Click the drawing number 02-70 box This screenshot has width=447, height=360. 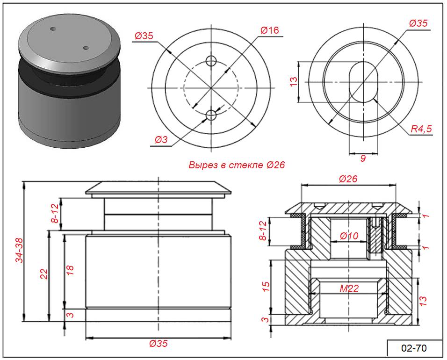(x=414, y=348)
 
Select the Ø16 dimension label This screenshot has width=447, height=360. (x=270, y=30)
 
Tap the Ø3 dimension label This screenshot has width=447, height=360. (x=161, y=140)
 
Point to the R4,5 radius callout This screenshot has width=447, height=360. (x=421, y=129)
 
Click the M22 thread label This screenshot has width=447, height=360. (x=349, y=288)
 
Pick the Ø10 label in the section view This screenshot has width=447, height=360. (x=349, y=236)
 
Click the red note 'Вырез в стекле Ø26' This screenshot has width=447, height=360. (x=237, y=165)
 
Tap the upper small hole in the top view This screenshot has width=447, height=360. (x=211, y=61)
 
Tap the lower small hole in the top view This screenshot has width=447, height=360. (x=211, y=115)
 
